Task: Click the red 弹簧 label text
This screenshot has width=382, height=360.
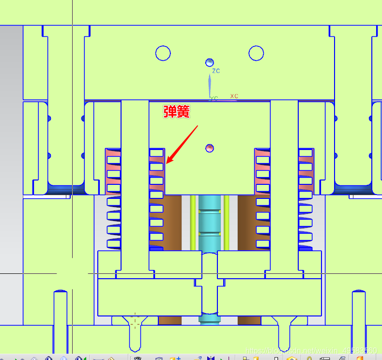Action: point(176,112)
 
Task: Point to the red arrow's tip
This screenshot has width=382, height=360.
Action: point(167,163)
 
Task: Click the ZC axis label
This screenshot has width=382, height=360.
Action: point(216,71)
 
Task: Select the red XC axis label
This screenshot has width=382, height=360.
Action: point(234,96)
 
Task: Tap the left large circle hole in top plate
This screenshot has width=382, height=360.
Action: point(163,53)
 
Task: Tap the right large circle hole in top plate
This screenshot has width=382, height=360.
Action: point(256,53)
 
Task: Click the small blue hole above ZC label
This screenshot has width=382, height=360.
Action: point(210,62)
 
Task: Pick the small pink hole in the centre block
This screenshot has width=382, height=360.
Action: point(210,147)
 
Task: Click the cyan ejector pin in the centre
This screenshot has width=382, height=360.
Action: point(210,223)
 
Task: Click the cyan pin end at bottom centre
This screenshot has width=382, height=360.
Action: point(210,318)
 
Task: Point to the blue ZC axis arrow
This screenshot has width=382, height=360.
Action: point(210,86)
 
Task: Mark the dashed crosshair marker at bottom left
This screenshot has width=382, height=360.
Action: point(135,320)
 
